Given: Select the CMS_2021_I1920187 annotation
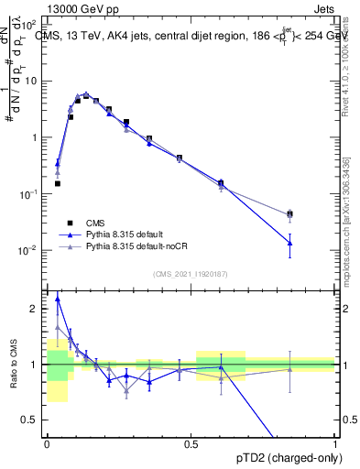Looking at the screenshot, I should click(x=190, y=274).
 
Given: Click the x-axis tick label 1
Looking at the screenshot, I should click(x=334, y=443).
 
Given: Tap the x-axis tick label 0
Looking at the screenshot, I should click(x=46, y=443).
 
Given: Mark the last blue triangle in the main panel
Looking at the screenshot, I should click(x=289, y=243).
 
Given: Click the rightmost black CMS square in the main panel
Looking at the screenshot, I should click(x=289, y=213).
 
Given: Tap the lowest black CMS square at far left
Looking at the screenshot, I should click(x=58, y=183).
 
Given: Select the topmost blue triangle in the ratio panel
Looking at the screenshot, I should click(x=58, y=298).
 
